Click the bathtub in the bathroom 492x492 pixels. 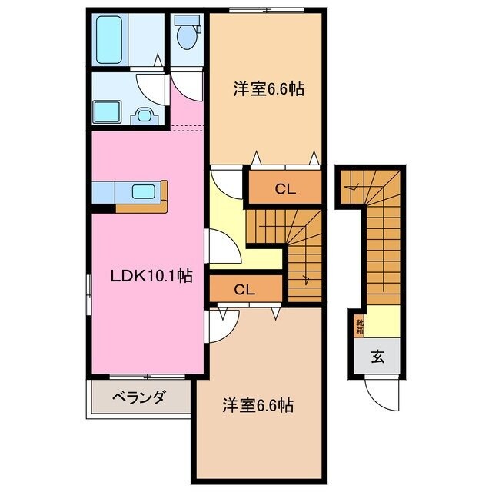pos(111,41)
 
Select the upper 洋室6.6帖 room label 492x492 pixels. pos(268,90)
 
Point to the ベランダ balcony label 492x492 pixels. pos(138,397)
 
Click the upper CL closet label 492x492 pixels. pos(283,187)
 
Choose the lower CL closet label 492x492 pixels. pos(244,289)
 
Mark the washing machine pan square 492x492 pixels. pos(105,112)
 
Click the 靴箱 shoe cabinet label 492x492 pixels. pos(359,326)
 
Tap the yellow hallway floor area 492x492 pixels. pos(231,231)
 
